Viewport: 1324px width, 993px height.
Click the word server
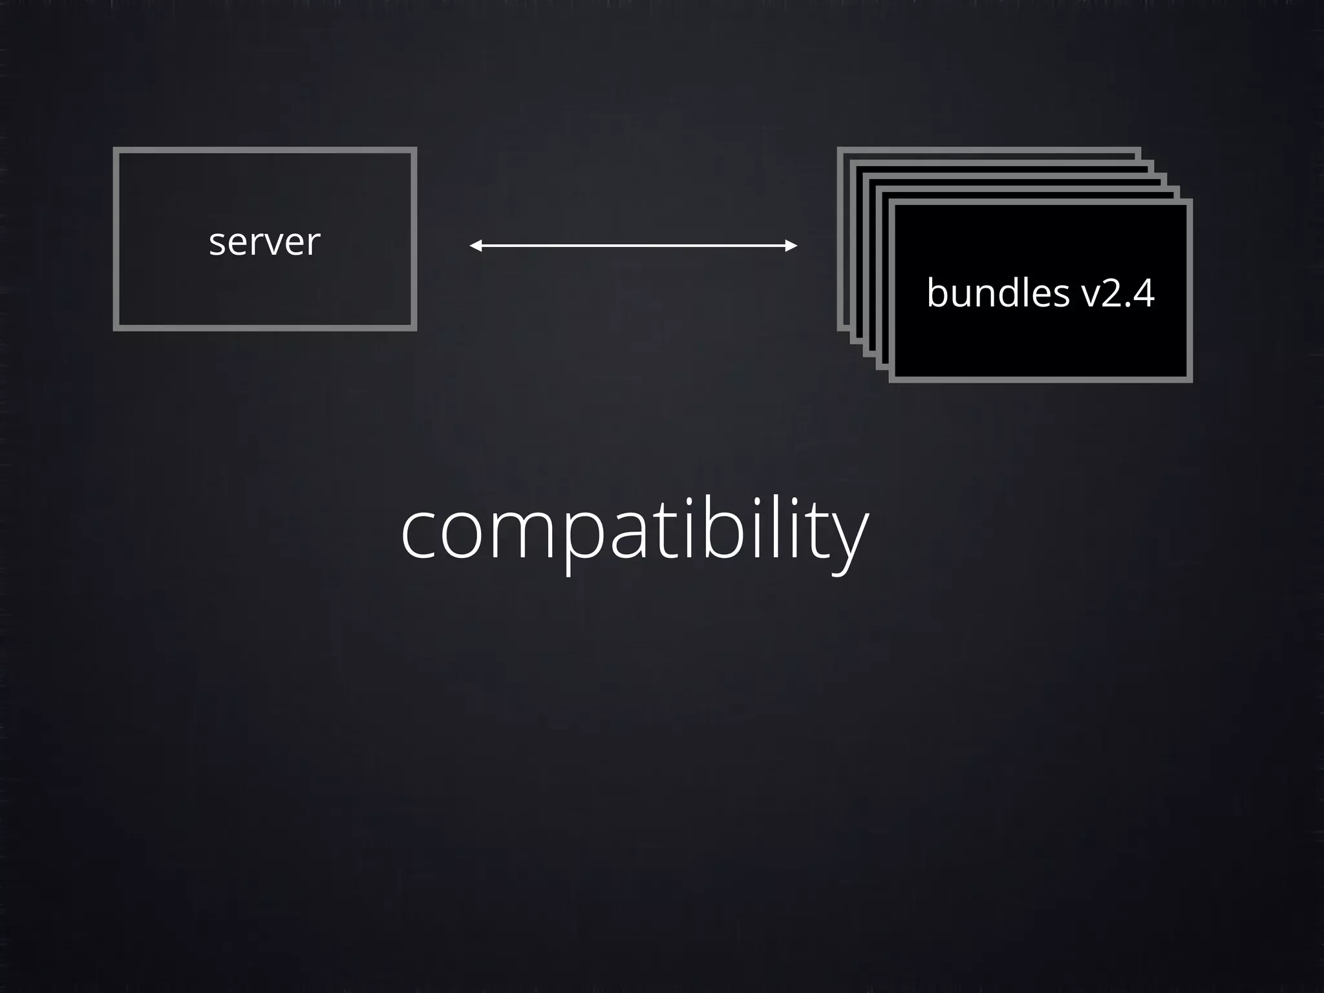coord(264,242)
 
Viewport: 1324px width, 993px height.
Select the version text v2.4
coord(1118,293)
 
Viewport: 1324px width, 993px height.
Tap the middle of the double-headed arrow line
coord(634,246)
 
